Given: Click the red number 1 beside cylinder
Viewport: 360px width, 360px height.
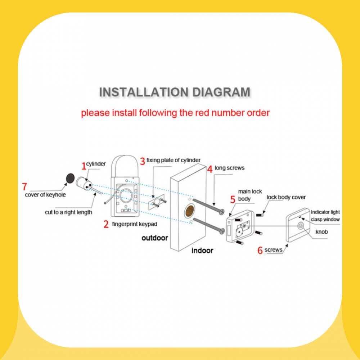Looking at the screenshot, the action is (x=84, y=166).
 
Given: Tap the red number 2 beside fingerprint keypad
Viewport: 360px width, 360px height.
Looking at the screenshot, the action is (x=106, y=224).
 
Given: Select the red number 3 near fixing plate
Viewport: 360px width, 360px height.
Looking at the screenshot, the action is (x=143, y=161).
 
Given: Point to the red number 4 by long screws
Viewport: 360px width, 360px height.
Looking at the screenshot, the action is (x=210, y=169).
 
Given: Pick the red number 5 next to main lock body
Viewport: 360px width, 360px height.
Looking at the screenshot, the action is (x=233, y=199).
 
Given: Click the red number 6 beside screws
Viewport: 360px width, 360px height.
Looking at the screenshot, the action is (x=260, y=250).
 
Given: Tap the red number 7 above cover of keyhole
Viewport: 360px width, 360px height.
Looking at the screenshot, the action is (x=24, y=186).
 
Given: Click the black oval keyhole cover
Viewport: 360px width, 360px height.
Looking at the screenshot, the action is (x=70, y=178).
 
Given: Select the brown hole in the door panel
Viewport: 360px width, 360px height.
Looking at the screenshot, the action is (x=190, y=211).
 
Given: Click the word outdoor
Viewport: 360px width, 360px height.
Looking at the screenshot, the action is (x=155, y=238).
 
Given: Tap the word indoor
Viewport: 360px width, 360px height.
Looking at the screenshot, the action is (x=202, y=251).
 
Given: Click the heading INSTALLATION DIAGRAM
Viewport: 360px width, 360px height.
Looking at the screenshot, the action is (x=175, y=92).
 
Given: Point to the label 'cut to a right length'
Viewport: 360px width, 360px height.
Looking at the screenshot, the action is (x=68, y=212).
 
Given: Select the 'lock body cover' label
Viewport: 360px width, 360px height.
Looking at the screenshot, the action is (x=286, y=197).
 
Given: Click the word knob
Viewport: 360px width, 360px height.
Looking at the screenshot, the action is (x=321, y=232).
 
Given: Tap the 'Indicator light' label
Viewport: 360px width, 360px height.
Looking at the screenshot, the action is (x=325, y=212).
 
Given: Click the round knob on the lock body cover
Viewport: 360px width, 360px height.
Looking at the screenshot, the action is (x=301, y=226).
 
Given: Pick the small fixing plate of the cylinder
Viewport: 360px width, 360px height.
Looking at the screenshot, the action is (x=157, y=202).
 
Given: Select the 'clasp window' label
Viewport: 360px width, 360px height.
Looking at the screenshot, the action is (x=325, y=220).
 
